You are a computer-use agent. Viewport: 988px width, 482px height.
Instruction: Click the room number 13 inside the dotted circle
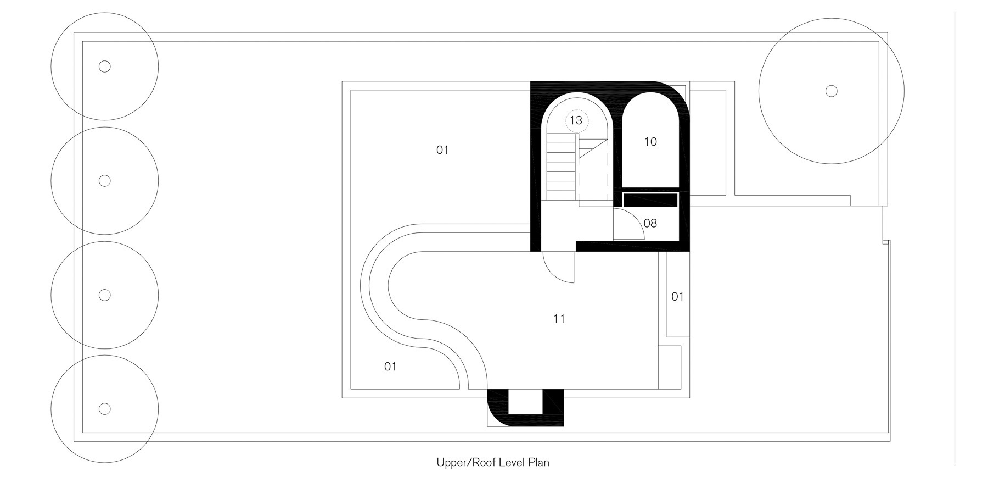pyautogui.click(x=576, y=120)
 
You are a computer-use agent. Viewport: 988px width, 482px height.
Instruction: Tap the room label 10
pyautogui.click(x=650, y=142)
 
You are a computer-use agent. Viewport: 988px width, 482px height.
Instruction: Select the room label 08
pyautogui.click(x=650, y=223)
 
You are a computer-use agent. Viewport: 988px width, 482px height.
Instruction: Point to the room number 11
pyautogui.click(x=559, y=319)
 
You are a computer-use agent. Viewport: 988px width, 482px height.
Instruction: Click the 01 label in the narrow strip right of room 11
pyautogui.click(x=678, y=297)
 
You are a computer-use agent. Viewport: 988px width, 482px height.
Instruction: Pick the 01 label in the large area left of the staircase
pyautogui.click(x=442, y=150)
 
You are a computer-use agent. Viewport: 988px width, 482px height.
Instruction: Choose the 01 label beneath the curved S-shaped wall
pyautogui.click(x=390, y=367)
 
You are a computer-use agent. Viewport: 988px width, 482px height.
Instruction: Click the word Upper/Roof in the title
pyautogui.click(x=465, y=462)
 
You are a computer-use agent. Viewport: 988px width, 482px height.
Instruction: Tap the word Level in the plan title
pyautogui.click(x=512, y=462)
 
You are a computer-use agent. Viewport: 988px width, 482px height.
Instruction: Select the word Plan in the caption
pyautogui.click(x=539, y=462)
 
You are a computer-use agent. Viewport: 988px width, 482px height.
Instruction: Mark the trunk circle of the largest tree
pyautogui.click(x=832, y=91)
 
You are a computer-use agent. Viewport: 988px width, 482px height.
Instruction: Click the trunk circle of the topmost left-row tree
pyautogui.click(x=104, y=67)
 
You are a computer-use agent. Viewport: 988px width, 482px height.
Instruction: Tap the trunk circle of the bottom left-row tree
pyautogui.click(x=104, y=408)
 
